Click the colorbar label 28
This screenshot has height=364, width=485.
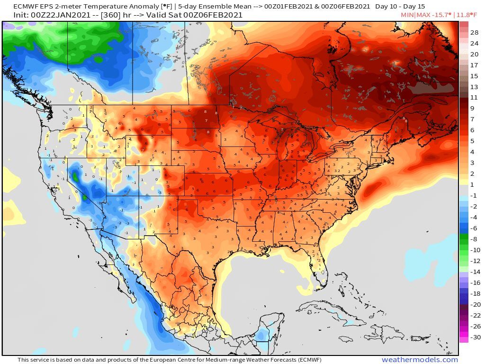click(x=474, y=32)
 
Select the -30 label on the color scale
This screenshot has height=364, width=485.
click(x=474, y=337)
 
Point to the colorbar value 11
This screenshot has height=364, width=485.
click(x=474, y=98)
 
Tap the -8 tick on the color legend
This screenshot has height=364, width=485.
click(x=474, y=239)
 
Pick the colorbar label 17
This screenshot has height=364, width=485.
click(x=474, y=65)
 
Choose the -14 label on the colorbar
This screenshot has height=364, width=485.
click(x=474, y=272)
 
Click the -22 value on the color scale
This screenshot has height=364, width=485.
click(x=474, y=315)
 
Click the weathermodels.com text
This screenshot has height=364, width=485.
click(x=420, y=360)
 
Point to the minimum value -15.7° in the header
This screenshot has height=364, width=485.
click(x=439, y=15)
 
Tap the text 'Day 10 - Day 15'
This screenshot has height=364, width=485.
click(x=400, y=7)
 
